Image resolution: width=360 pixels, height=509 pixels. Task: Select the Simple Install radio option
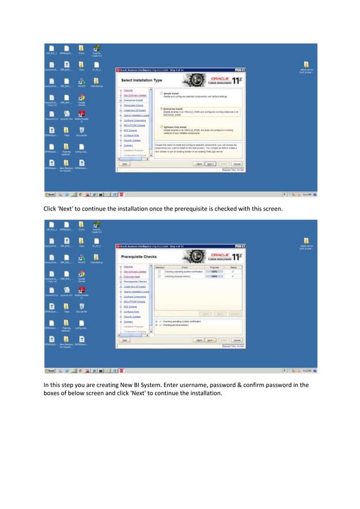coord(162,93)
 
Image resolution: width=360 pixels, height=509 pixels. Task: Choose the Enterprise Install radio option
coord(162,108)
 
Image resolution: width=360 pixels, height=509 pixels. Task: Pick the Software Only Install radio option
coord(162,127)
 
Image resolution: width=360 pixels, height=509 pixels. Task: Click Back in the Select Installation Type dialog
coord(198,163)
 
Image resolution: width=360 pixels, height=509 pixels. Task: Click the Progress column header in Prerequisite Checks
coord(214,268)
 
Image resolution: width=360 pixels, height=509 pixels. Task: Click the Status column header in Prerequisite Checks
coord(233,268)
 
